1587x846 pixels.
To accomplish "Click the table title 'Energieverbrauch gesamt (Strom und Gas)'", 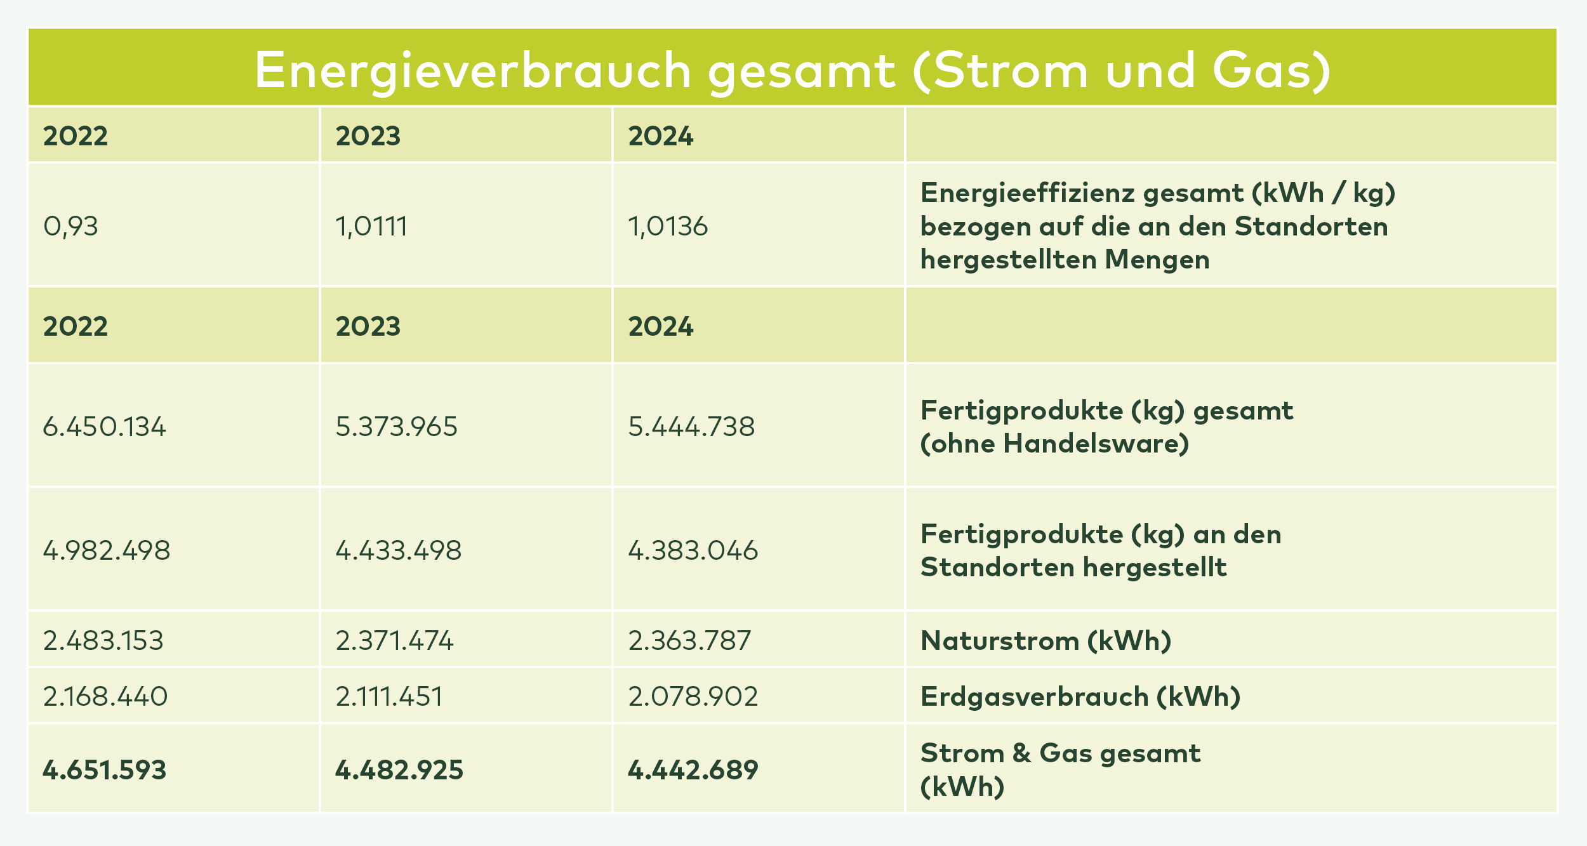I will click(792, 70).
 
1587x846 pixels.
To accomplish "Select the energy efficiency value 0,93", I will click(70, 227).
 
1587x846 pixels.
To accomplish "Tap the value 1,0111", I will click(371, 227).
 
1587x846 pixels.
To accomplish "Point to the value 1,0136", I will click(668, 227).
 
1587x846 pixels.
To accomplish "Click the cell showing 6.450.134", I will click(104, 426).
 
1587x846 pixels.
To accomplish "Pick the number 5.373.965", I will click(396, 426).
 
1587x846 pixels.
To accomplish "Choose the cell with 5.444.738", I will click(691, 426).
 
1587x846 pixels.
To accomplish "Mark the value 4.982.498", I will click(107, 550).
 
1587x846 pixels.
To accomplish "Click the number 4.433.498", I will click(399, 550).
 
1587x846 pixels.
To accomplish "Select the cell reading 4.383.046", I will click(693, 550).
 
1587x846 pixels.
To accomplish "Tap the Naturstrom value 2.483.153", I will click(103, 640).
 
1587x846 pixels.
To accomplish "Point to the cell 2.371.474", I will click(394, 640).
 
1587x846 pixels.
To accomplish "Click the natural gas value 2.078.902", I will click(693, 697).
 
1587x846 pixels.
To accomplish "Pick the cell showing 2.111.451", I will click(389, 697).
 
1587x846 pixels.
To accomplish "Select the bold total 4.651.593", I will click(105, 770).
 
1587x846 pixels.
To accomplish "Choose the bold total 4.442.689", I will click(693, 770).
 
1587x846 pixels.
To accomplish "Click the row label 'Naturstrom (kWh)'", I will click(1046, 640).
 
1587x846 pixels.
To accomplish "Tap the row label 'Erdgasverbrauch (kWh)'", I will click(1080, 697).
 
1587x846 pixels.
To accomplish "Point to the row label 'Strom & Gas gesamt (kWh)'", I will click(1060, 769).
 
